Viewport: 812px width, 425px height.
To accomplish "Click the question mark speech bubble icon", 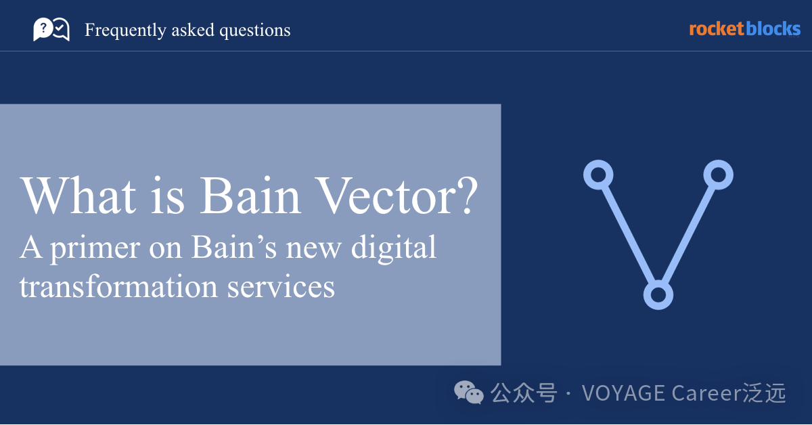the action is click(43, 29).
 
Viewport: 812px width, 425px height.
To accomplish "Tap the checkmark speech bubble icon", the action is click(61, 29).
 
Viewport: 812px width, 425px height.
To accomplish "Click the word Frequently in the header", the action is click(125, 30).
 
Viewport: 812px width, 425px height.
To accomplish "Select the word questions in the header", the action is click(255, 30).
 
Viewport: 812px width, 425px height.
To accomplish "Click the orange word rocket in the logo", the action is click(717, 29).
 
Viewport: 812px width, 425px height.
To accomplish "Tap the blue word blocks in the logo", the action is click(773, 29).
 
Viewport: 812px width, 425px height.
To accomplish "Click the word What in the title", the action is click(78, 196).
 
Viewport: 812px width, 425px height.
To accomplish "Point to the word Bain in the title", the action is click(250, 196).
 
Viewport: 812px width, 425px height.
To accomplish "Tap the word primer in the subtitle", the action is click(95, 249).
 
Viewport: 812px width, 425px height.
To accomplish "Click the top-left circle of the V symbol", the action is click(598, 175).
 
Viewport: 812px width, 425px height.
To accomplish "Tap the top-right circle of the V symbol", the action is click(719, 175).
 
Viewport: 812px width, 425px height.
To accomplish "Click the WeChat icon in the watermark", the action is click(469, 392).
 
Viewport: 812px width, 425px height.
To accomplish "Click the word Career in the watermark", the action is click(707, 393).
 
